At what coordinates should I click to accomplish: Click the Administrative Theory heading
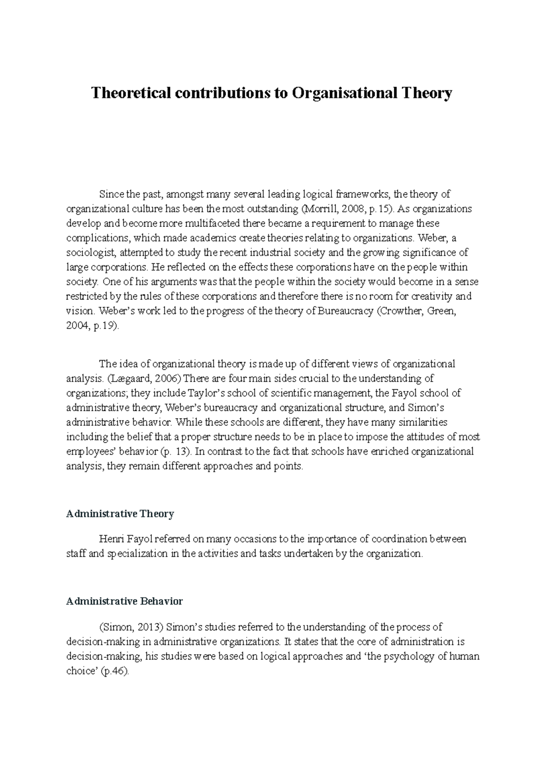(120, 514)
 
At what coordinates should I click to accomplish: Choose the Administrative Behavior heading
(124, 602)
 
